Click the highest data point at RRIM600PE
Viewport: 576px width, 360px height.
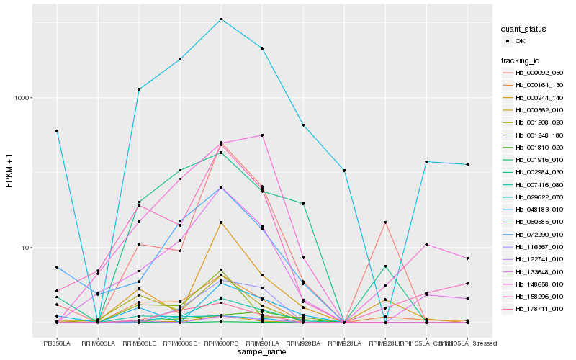point(221,19)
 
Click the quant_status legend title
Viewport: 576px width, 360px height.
point(524,30)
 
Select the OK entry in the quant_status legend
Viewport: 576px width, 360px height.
point(520,41)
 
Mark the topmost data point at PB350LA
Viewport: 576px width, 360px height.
point(57,131)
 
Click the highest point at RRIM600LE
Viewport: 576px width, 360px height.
point(139,89)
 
